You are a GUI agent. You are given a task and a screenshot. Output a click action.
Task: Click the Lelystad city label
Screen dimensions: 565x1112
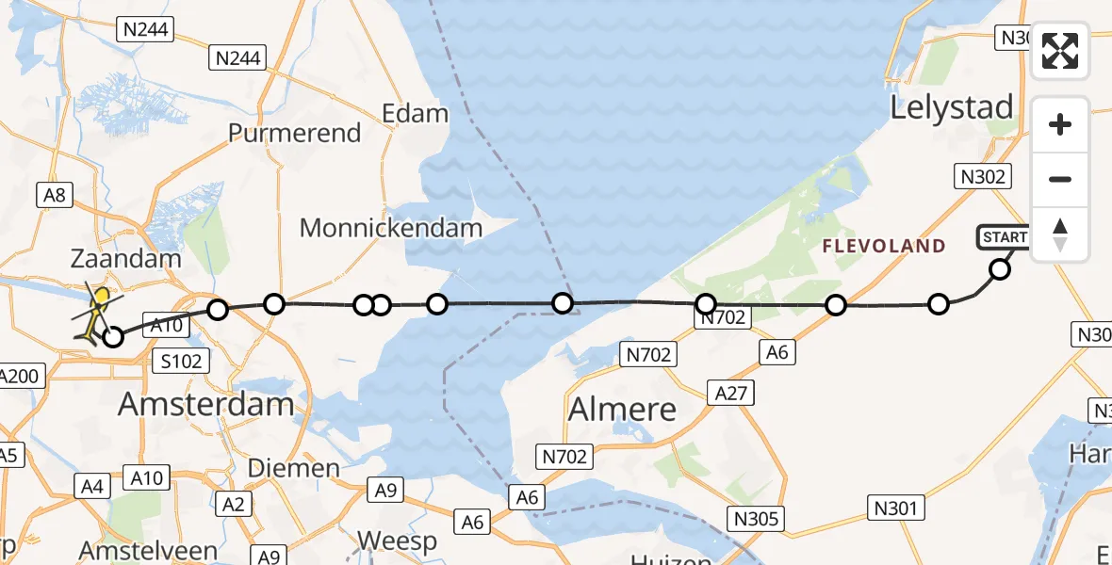(x=952, y=107)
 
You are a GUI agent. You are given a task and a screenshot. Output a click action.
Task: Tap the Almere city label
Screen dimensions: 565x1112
(x=622, y=409)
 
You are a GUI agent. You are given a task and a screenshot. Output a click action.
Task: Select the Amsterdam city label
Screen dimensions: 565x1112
(x=205, y=405)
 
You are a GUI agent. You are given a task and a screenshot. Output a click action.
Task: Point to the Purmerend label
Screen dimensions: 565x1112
(x=295, y=133)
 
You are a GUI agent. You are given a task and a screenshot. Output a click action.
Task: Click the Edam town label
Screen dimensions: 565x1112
(x=415, y=114)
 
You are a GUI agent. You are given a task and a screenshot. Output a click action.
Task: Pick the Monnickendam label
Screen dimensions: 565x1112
(x=391, y=227)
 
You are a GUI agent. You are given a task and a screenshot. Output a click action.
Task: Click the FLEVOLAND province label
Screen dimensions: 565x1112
(x=883, y=247)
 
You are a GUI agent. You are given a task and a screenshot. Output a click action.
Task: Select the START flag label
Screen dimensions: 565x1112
(x=1004, y=237)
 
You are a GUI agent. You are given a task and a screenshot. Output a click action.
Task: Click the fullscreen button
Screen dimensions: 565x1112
(x=1060, y=51)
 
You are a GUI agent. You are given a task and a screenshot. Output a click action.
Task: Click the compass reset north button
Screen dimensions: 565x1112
(x=1060, y=234)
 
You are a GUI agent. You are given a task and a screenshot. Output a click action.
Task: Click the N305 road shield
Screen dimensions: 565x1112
(x=757, y=517)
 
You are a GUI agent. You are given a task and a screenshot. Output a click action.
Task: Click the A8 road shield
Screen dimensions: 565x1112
(x=55, y=195)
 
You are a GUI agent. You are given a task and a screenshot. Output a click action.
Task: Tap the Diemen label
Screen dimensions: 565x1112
(x=293, y=468)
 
